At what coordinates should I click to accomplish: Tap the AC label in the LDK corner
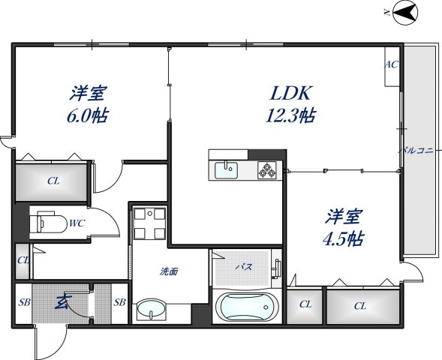[x=391, y=64]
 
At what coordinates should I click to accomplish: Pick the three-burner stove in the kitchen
[x=267, y=170]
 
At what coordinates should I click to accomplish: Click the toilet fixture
[x=48, y=223]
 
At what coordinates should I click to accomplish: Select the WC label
[x=76, y=223]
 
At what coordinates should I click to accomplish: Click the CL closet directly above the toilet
[x=52, y=181]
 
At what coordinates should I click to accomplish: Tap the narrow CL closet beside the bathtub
[x=305, y=304]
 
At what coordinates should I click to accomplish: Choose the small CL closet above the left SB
[x=23, y=260]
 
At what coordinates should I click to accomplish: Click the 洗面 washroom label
[x=167, y=271]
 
